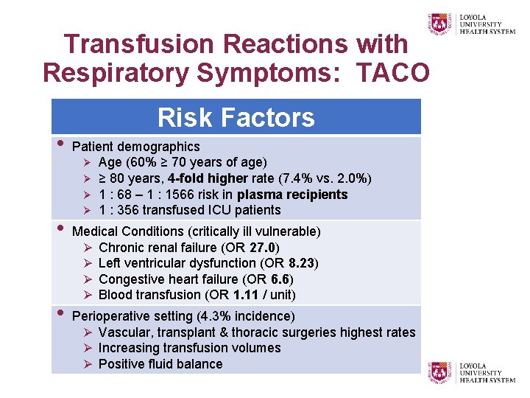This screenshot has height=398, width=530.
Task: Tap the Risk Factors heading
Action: pos(236,117)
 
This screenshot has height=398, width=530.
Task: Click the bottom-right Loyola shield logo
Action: pos(439,371)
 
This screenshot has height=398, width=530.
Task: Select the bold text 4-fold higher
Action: pos(208,178)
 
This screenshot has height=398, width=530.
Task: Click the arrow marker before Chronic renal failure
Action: pos(87,248)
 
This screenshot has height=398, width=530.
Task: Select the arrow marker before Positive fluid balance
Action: pos(87,364)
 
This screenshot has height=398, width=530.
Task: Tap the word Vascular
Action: pos(125,332)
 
